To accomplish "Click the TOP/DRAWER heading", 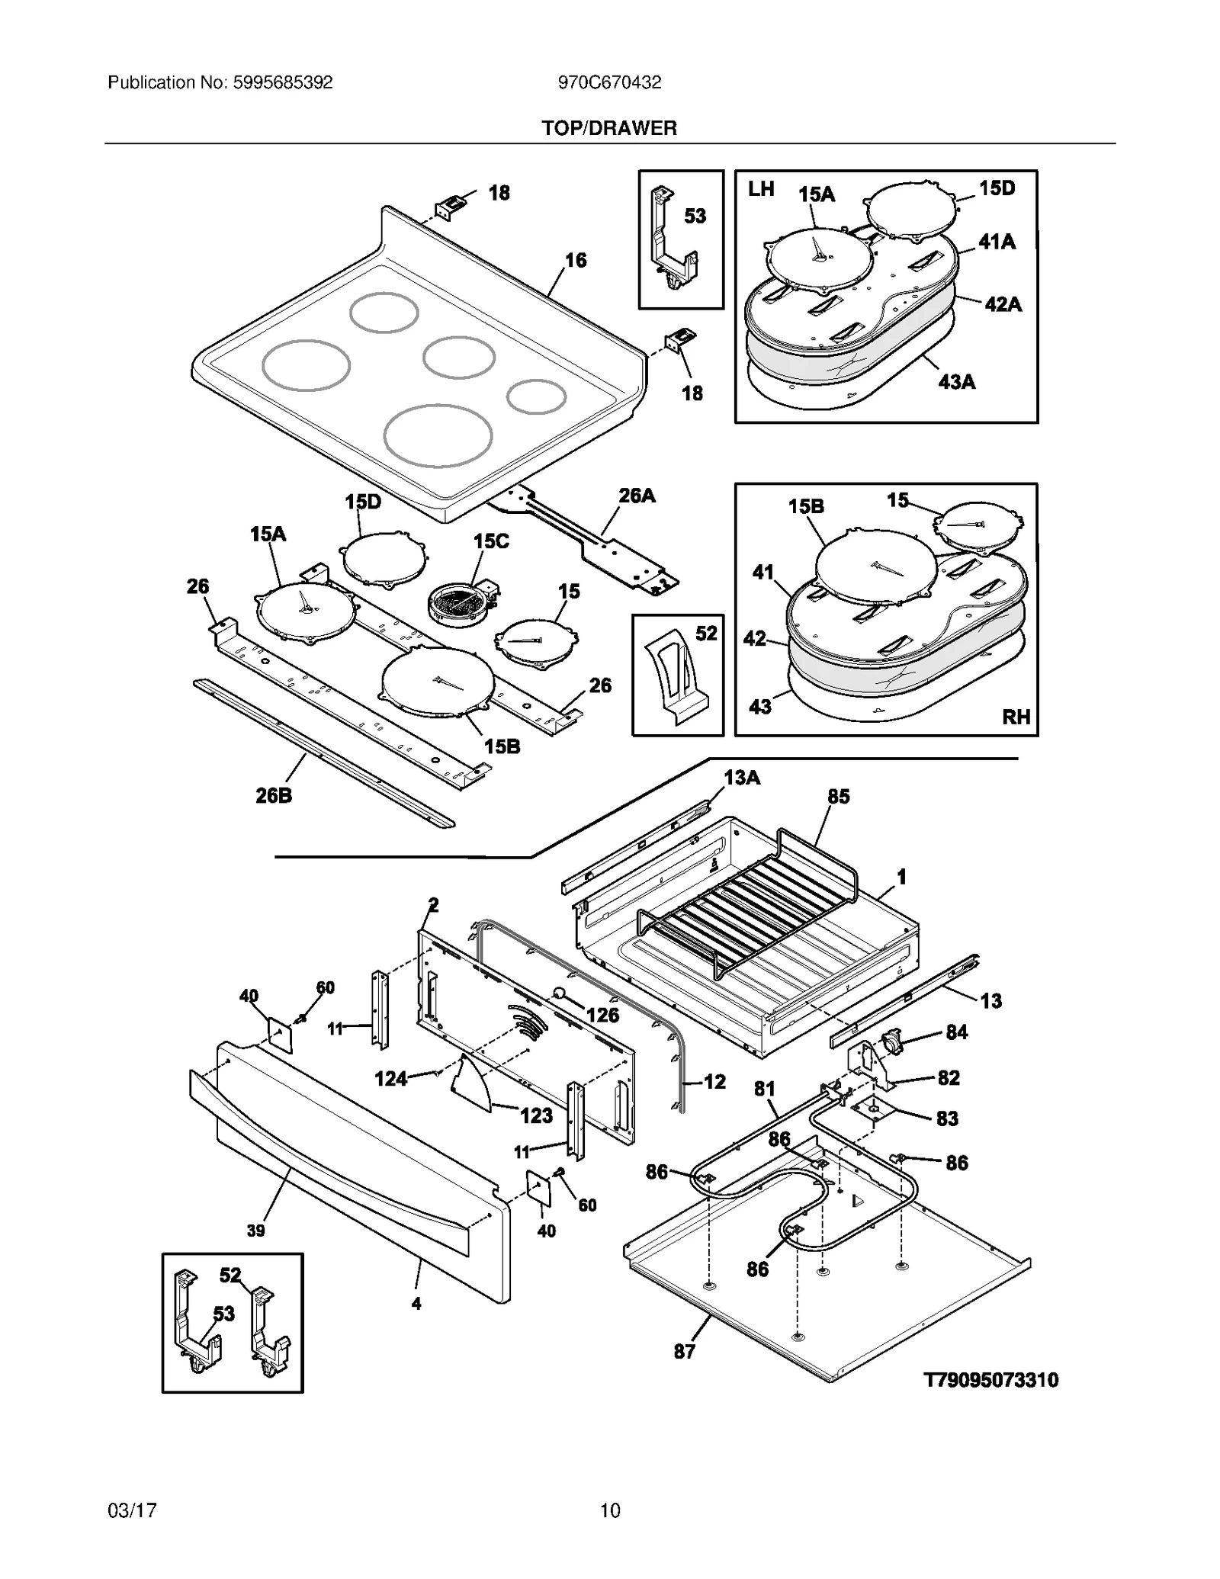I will (x=609, y=128).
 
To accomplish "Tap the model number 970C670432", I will (x=609, y=82).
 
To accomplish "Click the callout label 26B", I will (x=274, y=796).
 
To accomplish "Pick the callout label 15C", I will (x=491, y=541).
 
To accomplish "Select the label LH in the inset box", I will (x=761, y=188).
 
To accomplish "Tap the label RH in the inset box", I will (x=1016, y=717).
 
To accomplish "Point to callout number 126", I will (x=602, y=1015).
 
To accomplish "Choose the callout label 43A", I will (x=956, y=381).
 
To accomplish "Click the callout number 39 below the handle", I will (x=256, y=1231).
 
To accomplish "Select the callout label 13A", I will (x=742, y=778).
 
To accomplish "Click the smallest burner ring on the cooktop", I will (x=536, y=396).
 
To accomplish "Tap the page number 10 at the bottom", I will (x=610, y=1510).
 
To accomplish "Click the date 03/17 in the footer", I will (x=133, y=1510).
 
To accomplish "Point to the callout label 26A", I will (x=637, y=496).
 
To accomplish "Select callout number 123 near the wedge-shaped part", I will (x=536, y=1116).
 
